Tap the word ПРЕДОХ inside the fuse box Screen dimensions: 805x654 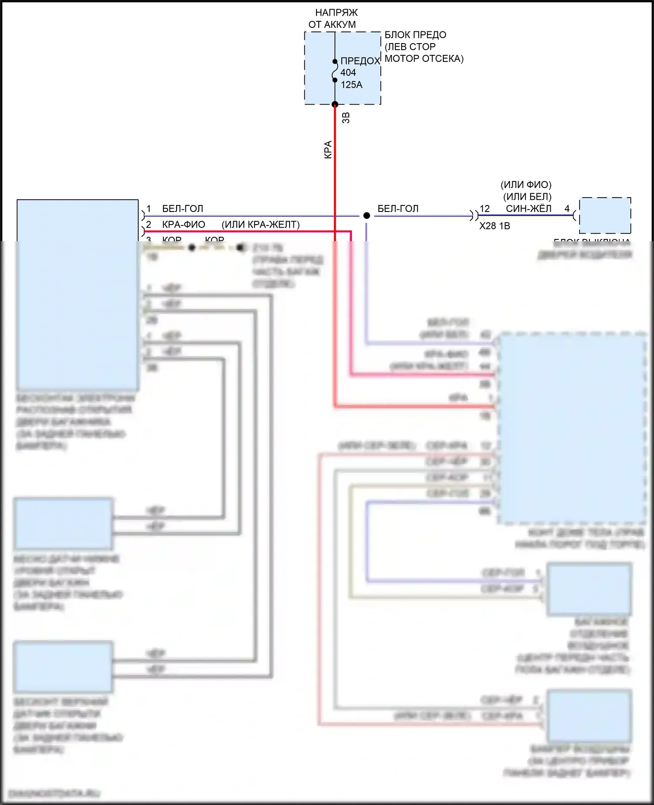coord(360,61)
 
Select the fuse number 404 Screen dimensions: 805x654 coord(348,72)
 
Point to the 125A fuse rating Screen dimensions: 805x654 coord(351,85)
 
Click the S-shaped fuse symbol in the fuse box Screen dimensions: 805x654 coord(335,71)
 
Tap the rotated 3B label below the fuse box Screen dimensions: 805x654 coord(346,118)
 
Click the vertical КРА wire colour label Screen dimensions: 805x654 coord(328,150)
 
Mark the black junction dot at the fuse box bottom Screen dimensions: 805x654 coord(335,104)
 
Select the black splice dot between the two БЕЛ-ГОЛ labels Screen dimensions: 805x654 coord(367,215)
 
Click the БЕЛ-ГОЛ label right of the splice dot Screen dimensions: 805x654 coord(398,209)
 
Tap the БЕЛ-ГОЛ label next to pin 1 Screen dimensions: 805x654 coord(182,209)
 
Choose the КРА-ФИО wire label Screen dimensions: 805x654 coord(183,225)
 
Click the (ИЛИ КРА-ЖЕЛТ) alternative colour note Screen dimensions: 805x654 coord(261,225)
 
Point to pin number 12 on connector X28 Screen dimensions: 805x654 coord(485,209)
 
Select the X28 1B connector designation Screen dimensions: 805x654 coord(494,226)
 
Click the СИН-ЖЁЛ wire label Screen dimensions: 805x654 coord(528,209)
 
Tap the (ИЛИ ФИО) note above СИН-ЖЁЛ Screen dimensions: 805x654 coord(526,185)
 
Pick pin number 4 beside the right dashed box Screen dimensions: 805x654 coord(567,209)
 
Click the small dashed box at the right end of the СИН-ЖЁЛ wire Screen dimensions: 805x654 coord(605,215)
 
